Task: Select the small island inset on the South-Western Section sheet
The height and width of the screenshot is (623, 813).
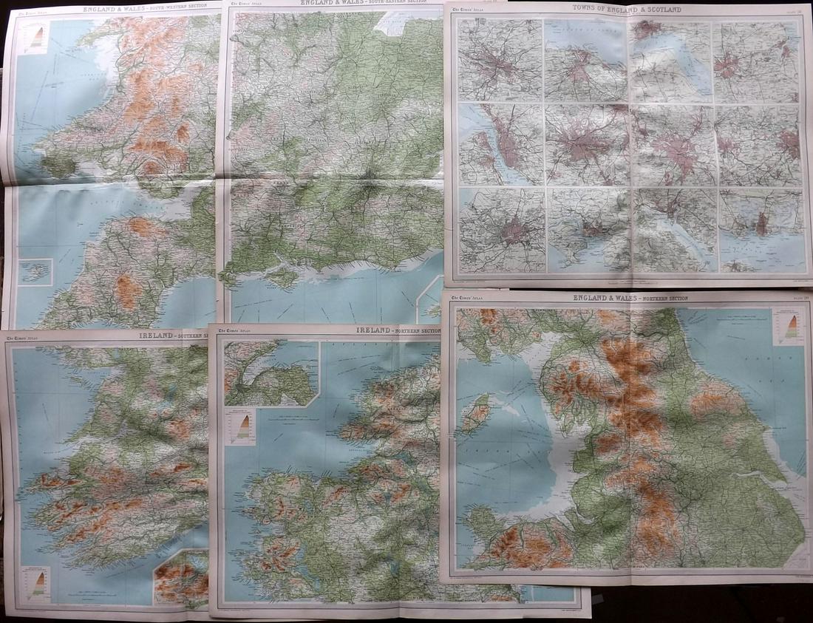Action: pos(35,272)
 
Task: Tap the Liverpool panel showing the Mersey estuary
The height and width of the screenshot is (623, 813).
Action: pos(500,144)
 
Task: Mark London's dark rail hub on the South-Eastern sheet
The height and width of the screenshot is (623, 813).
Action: pos(370,177)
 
